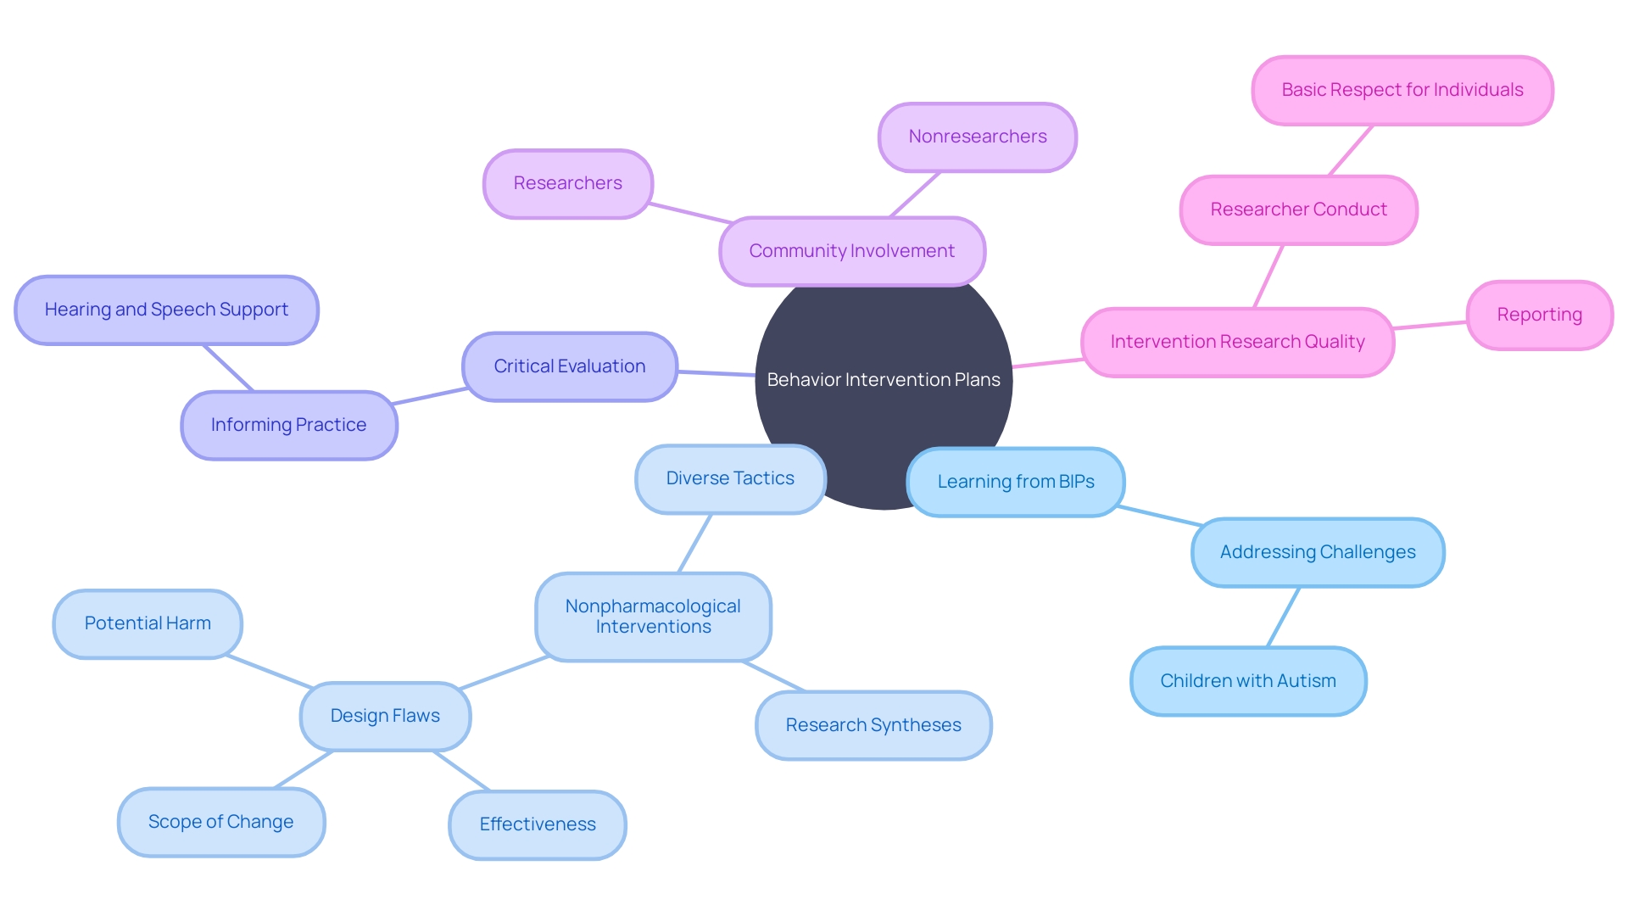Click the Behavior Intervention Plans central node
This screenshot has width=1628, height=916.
[884, 380]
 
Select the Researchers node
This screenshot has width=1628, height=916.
[567, 183]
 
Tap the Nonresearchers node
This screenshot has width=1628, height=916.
[977, 137]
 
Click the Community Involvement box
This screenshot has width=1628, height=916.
[851, 251]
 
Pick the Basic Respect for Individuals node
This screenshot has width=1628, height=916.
[1402, 90]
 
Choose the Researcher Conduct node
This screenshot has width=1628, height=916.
[1298, 209]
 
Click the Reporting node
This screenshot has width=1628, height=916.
[1539, 315]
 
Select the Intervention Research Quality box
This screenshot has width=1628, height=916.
[1237, 342]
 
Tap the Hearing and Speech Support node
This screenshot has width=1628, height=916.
[166, 310]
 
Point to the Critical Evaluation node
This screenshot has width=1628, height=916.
[569, 366]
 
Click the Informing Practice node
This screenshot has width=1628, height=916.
[288, 425]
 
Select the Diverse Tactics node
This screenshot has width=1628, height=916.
[729, 478]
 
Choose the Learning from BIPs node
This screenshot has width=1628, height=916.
[1015, 482]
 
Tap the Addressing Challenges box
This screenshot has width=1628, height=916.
[1317, 552]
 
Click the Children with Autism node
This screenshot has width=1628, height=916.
[1247, 681]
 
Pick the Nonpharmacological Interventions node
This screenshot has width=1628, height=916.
[652, 617]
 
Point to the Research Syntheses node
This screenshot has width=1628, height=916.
[873, 725]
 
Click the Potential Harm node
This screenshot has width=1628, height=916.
[148, 623]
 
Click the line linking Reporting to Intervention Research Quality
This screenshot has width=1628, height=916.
[1430, 325]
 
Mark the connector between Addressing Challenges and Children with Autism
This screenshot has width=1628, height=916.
[1283, 617]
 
